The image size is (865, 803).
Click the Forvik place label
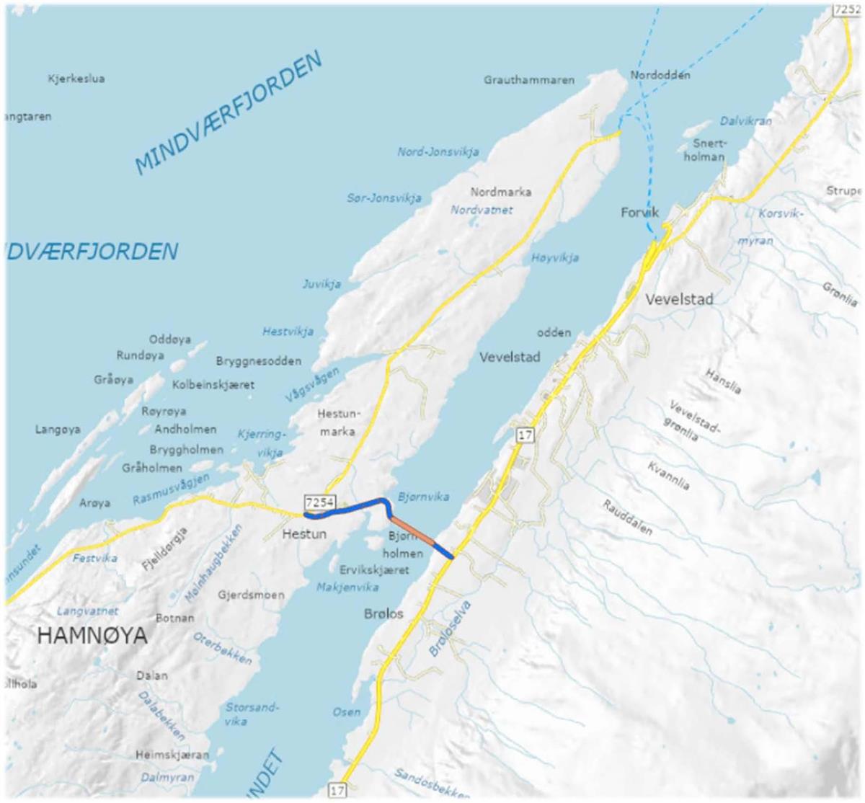click(640, 212)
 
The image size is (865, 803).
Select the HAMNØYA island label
click(92, 636)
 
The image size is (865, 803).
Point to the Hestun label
click(304, 534)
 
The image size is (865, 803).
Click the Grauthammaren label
click(530, 80)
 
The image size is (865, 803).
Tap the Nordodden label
click(660, 75)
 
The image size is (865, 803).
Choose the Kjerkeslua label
click(76, 79)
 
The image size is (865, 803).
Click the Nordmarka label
click(501, 192)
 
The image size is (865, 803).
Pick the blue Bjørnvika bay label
click(423, 497)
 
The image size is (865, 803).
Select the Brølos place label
click(383, 614)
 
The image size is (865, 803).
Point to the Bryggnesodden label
click(259, 361)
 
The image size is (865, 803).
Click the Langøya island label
click(58, 430)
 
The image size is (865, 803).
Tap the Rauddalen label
click(627, 518)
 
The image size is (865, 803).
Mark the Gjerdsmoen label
click(251, 595)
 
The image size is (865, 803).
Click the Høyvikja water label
click(555, 257)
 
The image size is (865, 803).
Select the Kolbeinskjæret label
click(213, 385)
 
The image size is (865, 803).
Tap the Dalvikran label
click(745, 121)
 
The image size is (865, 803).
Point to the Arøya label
click(94, 502)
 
